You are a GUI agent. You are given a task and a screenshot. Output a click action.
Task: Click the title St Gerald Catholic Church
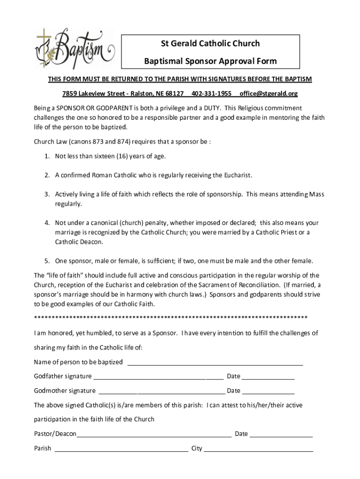point(210,44)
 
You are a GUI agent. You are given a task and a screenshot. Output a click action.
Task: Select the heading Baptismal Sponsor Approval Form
point(210,61)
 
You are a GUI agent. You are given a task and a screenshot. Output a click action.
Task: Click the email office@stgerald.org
point(268,94)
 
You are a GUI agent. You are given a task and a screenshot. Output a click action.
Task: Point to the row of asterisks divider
point(171,318)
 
